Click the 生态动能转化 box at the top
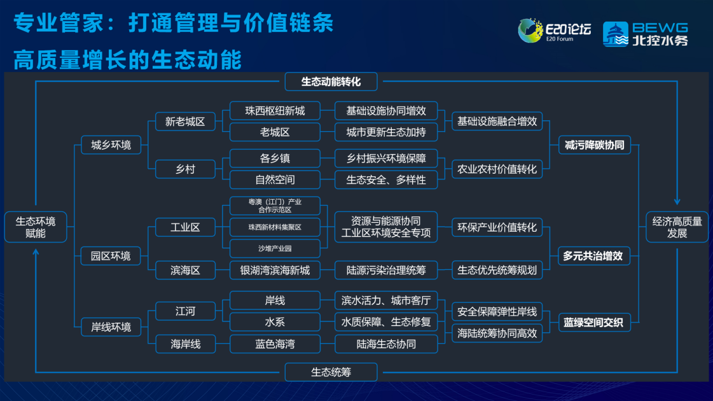tap(331, 82)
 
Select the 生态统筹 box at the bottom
tap(331, 372)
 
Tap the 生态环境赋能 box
tap(36, 227)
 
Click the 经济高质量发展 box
tap(677, 227)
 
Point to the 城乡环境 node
tap(111, 145)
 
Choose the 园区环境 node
tap(111, 256)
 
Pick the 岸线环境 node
tap(111, 327)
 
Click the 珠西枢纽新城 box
tap(275, 111)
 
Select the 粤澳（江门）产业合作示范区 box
tap(275, 206)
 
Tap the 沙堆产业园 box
tap(275, 248)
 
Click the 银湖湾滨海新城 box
tap(275, 271)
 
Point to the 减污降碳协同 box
tap(594, 145)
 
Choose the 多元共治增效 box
tap(594, 256)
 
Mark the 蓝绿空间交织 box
tap(594, 323)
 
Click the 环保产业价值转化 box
tap(497, 228)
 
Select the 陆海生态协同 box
tap(386, 344)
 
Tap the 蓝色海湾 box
tap(275, 344)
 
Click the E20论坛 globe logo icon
tap(530, 31)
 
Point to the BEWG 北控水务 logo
tap(646, 34)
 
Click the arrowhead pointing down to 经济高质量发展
tap(677, 202)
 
